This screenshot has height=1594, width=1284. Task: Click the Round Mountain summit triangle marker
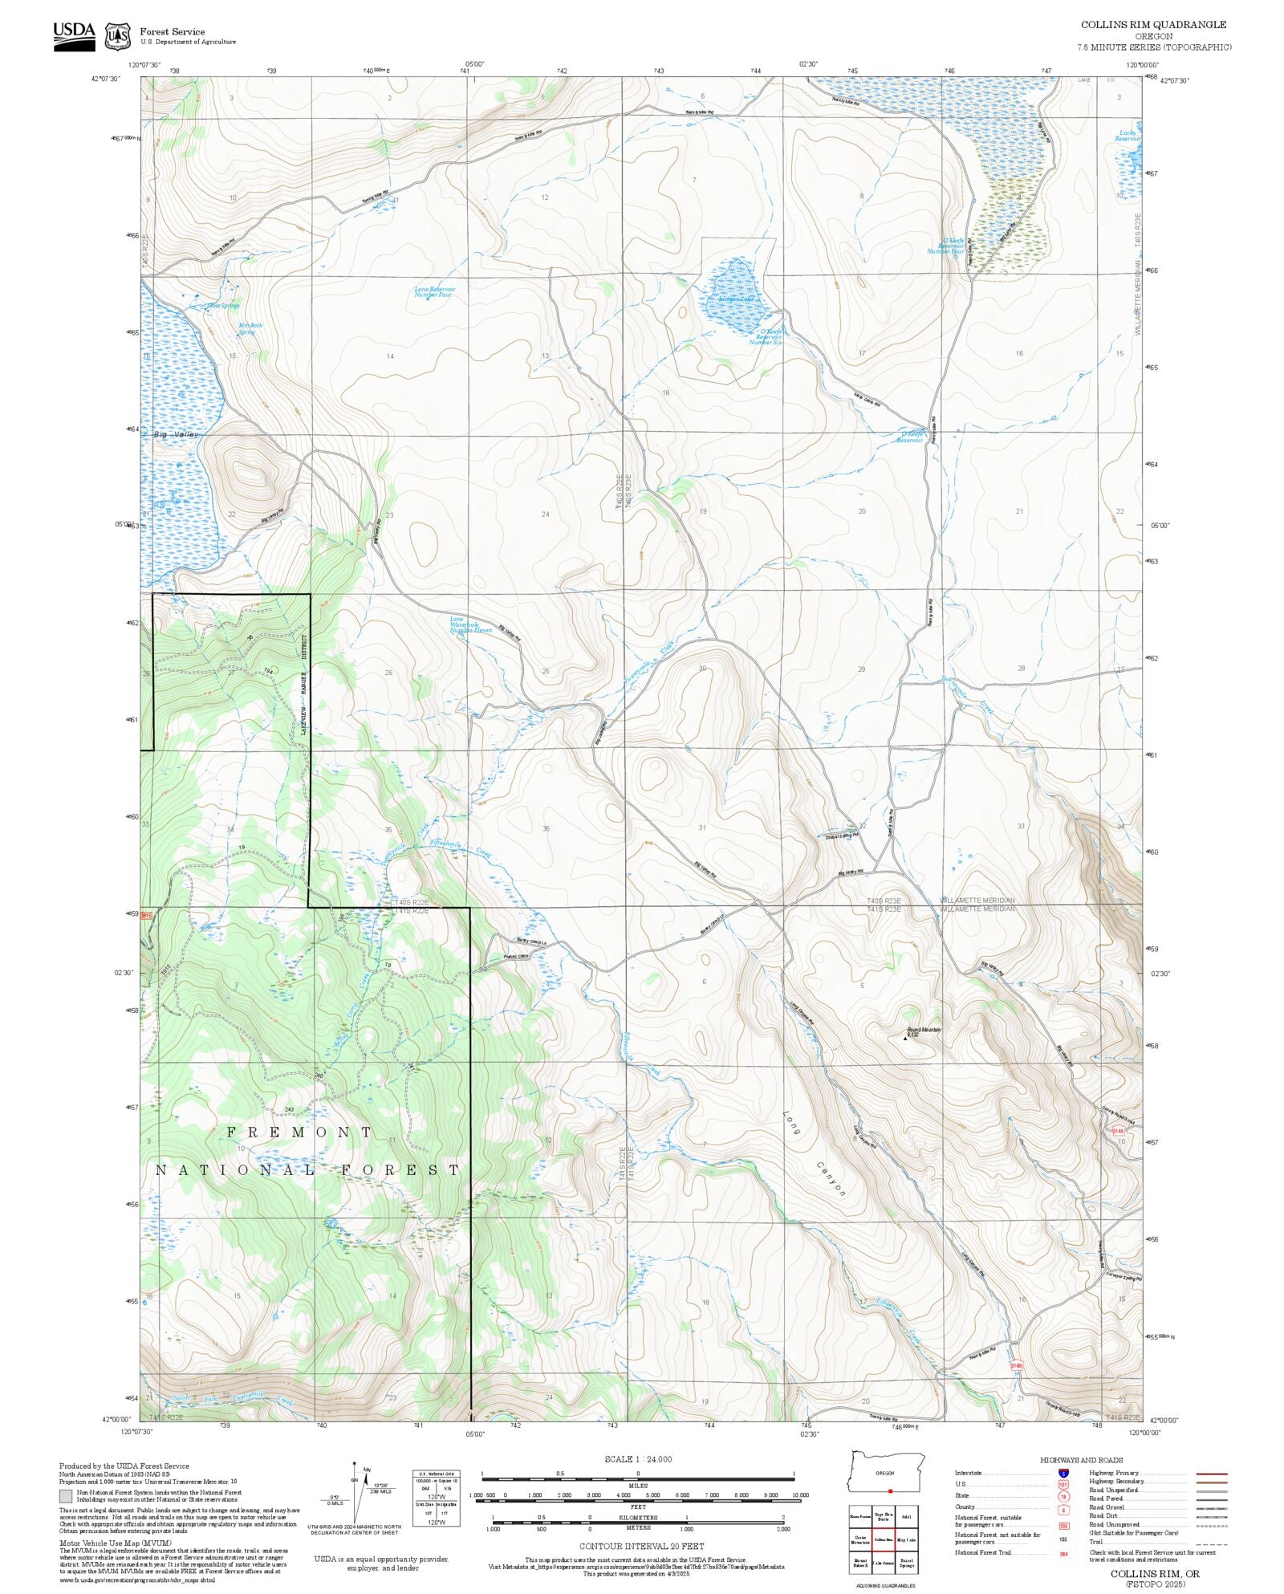(x=906, y=1038)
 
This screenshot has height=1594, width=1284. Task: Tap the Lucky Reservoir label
(x=1128, y=136)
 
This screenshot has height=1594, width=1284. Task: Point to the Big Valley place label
(x=176, y=434)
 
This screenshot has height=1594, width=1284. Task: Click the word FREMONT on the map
(x=299, y=1132)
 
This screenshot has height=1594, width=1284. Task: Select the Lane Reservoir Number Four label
(x=434, y=291)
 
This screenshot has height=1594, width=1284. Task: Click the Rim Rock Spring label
(x=250, y=328)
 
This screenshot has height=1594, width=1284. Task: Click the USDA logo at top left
(x=74, y=36)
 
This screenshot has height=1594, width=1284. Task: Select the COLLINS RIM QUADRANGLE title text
(x=1153, y=25)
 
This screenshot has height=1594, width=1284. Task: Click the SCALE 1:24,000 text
(x=638, y=1459)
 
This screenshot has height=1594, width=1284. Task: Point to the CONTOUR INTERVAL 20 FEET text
(x=641, y=1546)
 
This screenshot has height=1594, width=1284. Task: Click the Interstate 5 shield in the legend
(x=1063, y=1474)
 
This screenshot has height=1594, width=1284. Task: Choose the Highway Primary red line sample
(x=1211, y=1474)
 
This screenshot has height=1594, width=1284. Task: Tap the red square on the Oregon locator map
(x=890, y=1490)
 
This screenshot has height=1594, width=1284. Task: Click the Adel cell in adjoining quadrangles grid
(x=907, y=1517)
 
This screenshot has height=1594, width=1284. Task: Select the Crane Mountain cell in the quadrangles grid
(x=860, y=1539)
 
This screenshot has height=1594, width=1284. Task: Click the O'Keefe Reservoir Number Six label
(x=766, y=336)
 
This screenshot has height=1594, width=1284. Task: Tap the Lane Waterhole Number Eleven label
(x=469, y=624)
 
